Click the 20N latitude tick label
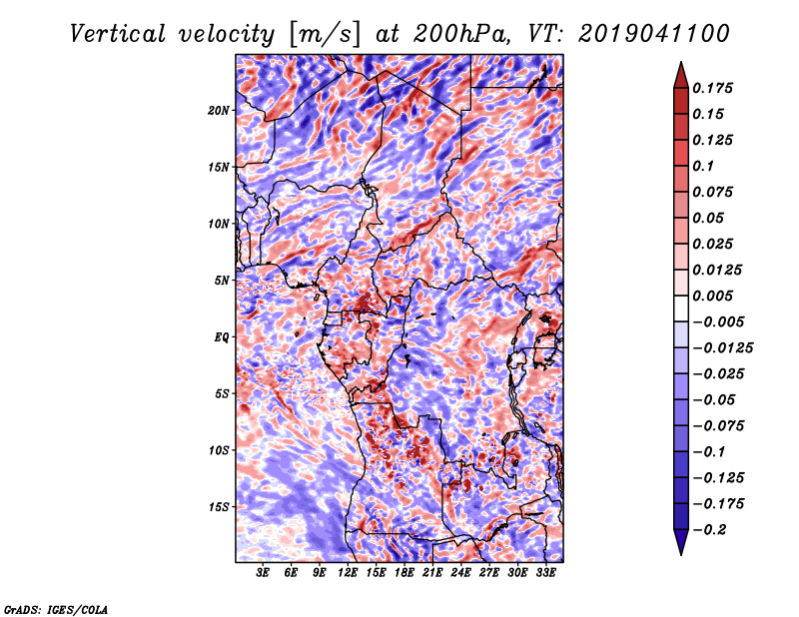pyautogui.click(x=219, y=111)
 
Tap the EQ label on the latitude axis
pyautogui.click(x=222, y=337)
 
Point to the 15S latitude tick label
pyautogui.click(x=219, y=507)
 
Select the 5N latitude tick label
pyautogui.click(x=222, y=281)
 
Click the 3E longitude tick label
pyautogui.click(x=263, y=573)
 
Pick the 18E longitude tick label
pyautogui.click(x=403, y=573)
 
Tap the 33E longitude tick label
pyautogui.click(x=545, y=573)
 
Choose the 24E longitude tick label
pyautogui.click(x=460, y=573)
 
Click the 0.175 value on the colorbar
pyautogui.click(x=712, y=88)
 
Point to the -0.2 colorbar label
pyautogui.click(x=709, y=530)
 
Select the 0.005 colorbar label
pyautogui.click(x=712, y=296)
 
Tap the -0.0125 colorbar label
pyautogui.click(x=722, y=348)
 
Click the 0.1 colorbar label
pyautogui.click(x=703, y=166)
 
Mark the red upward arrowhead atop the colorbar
pyautogui.click(x=681, y=75)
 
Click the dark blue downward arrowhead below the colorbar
pyautogui.click(x=681, y=542)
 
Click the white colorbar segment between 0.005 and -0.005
pyautogui.click(x=681, y=308)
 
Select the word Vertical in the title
pyautogui.click(x=118, y=35)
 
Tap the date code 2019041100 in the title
pyautogui.click(x=654, y=35)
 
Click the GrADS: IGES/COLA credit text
pyautogui.click(x=56, y=609)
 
